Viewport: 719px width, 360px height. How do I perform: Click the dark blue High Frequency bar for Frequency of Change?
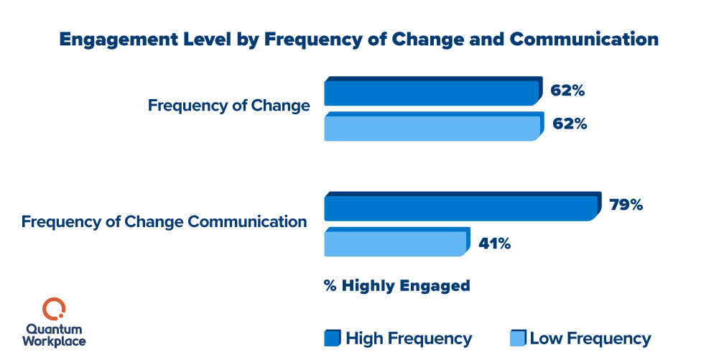(431, 93)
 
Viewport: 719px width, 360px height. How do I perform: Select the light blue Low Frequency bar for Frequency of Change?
(431, 127)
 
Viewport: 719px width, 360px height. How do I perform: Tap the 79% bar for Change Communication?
(460, 207)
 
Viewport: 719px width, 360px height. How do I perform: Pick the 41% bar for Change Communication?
(395, 242)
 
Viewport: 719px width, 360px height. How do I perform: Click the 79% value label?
(626, 206)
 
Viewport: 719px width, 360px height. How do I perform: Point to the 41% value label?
(494, 244)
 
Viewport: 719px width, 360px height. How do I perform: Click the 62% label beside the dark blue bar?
(568, 91)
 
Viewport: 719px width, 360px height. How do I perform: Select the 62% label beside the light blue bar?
(570, 124)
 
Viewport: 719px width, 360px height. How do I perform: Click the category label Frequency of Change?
(229, 106)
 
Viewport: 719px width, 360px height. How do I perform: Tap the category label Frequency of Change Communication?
(164, 221)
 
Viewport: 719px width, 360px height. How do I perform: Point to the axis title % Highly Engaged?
(396, 286)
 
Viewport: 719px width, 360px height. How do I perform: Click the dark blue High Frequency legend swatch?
(332, 338)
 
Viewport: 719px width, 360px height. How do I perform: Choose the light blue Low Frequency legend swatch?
(516, 338)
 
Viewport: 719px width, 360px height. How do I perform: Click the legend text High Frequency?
(409, 338)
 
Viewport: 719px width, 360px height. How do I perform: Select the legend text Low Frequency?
(590, 338)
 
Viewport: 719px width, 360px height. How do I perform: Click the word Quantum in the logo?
(54, 328)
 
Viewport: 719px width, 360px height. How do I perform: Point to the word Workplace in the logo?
(54, 341)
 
